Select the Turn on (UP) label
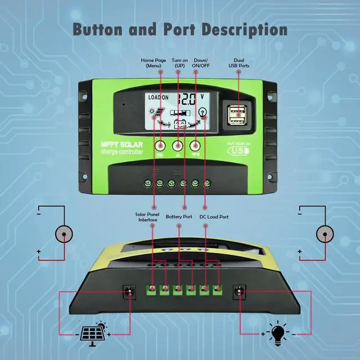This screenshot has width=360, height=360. click(179, 62)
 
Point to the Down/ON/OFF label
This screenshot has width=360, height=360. click(200, 62)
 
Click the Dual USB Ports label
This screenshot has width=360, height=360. click(238, 62)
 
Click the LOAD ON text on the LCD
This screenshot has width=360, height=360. click(158, 97)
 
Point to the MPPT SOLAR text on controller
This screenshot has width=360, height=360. click(123, 144)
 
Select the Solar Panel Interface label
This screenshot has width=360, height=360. click(147, 217)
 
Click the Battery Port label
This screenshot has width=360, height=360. click(179, 216)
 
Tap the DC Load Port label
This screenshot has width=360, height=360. click(214, 216)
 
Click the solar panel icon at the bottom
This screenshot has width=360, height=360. click(92, 332)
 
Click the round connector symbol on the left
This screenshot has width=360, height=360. click(64, 235)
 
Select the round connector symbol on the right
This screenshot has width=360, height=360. click(325, 235)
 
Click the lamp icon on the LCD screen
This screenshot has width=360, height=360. click(202, 111)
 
